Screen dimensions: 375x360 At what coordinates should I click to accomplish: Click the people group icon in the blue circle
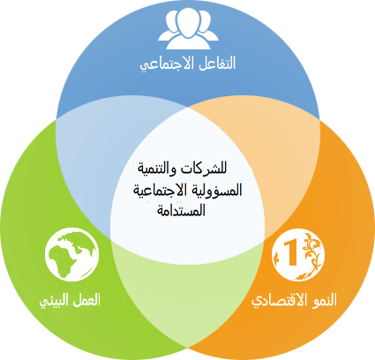[x=188, y=29]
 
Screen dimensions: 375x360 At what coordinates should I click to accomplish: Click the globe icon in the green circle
[x=72, y=254]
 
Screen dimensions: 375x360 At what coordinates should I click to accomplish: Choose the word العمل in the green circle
[x=86, y=300]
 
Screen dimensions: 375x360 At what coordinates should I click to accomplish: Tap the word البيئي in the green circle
[x=54, y=301]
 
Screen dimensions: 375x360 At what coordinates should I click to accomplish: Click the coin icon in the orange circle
[x=298, y=255]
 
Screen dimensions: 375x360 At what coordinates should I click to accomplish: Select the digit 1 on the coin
[x=290, y=252]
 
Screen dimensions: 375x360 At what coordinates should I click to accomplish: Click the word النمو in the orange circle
[x=326, y=300]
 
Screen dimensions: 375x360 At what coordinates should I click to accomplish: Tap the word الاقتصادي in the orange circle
[x=281, y=301]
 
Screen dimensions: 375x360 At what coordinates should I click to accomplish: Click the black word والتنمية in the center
[x=158, y=169]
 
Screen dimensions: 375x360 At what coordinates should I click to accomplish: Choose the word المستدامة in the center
[x=181, y=211]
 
